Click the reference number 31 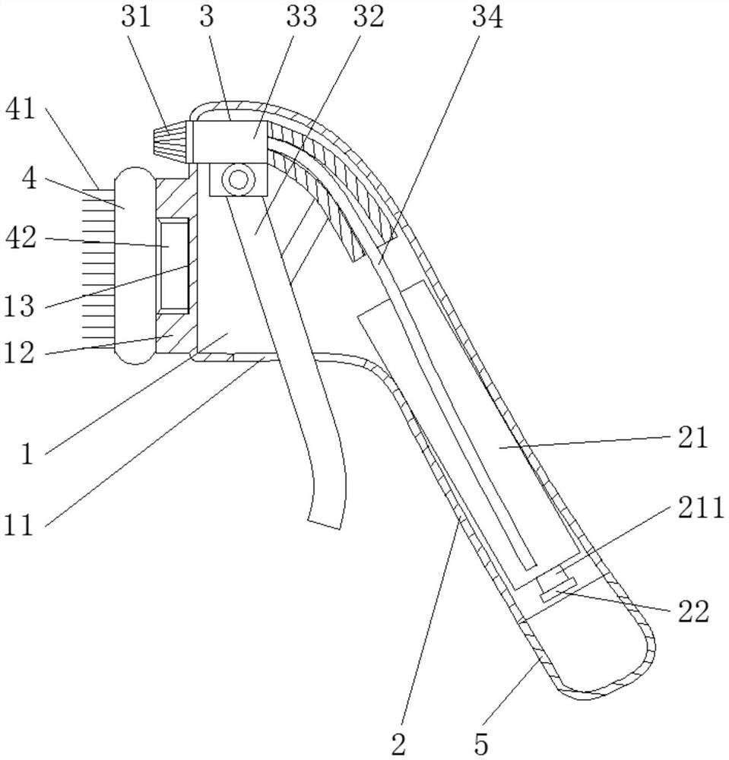(x=137, y=17)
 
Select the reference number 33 (x=301, y=17)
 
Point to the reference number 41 (x=21, y=109)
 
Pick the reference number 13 (x=20, y=306)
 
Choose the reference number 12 (x=20, y=353)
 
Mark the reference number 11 (x=20, y=524)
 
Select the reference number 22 (x=693, y=611)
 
